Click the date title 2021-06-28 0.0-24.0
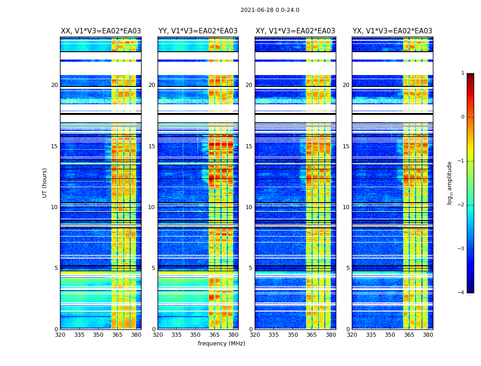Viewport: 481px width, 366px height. pos(270,10)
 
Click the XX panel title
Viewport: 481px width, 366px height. pos(101,31)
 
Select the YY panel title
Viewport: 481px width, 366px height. pos(198,31)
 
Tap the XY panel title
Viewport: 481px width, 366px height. pos(295,31)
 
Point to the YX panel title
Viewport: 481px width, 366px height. pos(392,31)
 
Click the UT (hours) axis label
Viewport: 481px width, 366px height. pos(44,183)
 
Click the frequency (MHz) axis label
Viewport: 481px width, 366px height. pos(221,344)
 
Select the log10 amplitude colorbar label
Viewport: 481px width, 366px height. pos(450,183)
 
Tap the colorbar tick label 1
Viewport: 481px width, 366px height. pos(462,73)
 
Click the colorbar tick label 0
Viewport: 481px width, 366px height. pos(462,117)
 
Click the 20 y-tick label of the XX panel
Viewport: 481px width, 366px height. pos(55,85)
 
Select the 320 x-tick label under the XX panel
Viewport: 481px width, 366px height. pos(60,335)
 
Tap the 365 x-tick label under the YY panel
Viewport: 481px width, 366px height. pos(214,335)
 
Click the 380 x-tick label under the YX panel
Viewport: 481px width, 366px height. pos(428,335)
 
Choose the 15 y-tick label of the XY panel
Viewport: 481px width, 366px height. pos(249,146)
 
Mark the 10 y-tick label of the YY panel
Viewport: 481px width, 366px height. pos(152,207)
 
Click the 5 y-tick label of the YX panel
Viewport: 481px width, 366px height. pos(348,268)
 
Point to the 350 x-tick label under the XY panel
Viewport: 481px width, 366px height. pos(293,335)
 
